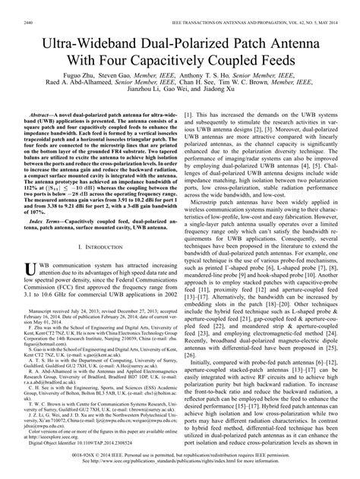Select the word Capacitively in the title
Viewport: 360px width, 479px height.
pyautogui.click(x=182, y=47)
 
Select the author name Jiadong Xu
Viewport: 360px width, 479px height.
pyautogui.click(x=228, y=83)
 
